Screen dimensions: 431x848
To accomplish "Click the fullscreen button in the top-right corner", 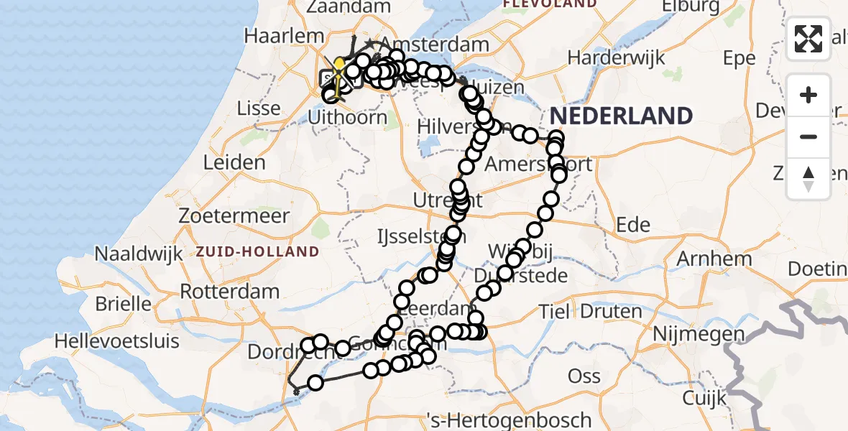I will pyautogui.click(x=808, y=39).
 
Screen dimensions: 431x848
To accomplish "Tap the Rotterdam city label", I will pyautogui.click(x=229, y=292).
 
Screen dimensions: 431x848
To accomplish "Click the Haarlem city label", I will pyautogui.click(x=274, y=36).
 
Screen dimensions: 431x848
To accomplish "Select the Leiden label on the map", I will pyautogui.click(x=234, y=162).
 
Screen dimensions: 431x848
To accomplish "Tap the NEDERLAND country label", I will pyautogui.click(x=622, y=116).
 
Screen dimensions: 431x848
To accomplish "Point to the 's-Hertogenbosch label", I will pyautogui.click(x=508, y=420).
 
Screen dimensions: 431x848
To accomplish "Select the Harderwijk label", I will pyautogui.click(x=619, y=57).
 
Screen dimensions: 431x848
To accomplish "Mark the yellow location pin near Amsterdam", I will pyautogui.click(x=339, y=67).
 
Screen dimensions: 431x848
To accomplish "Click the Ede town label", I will pyautogui.click(x=633, y=225).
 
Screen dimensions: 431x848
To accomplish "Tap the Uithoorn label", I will pyautogui.click(x=347, y=116).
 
